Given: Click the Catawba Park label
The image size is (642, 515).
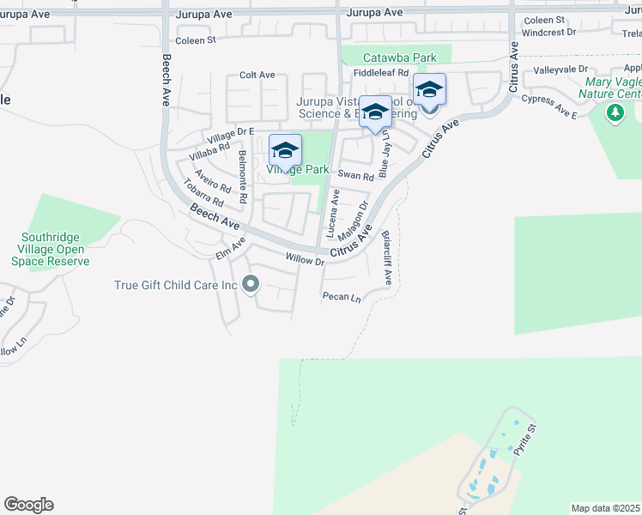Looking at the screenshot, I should coord(399,58).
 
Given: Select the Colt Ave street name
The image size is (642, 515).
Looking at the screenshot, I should coord(257,76).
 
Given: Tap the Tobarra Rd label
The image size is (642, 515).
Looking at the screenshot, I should coord(203,193).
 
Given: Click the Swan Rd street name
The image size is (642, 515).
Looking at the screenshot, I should coord(356,176).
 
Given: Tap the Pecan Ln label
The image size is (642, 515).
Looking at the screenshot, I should coord(341,297).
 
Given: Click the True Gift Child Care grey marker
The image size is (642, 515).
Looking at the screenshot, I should coord(251,284).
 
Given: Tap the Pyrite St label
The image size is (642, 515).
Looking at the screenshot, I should coord(525,438).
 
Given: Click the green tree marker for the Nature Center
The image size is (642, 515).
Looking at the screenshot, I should coord(615,112).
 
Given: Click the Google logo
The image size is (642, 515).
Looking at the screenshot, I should coord(28,505).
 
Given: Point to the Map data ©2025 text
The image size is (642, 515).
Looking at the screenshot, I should coord(605,508).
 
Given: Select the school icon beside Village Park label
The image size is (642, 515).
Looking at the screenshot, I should coord(285,151).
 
